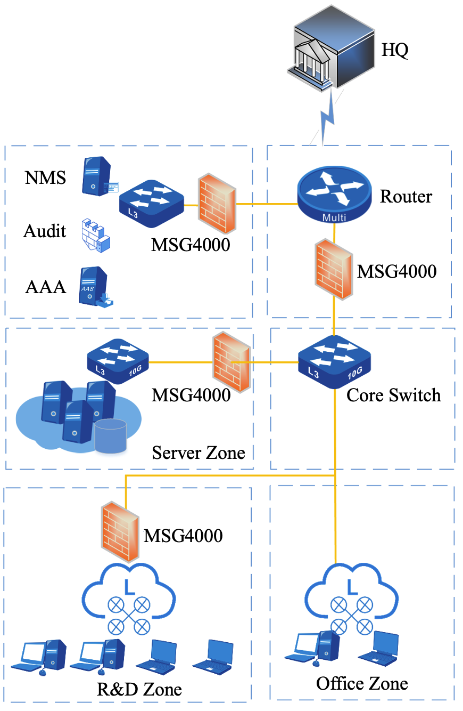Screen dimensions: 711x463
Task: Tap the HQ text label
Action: (x=395, y=51)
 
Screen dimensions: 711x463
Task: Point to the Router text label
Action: (x=406, y=197)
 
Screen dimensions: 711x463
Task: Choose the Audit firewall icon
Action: (x=96, y=235)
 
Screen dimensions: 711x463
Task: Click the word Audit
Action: (x=45, y=231)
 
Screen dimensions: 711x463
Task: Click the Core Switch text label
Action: (x=393, y=395)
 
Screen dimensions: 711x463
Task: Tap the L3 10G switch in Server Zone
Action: (x=118, y=362)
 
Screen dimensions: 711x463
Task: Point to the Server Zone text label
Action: (x=199, y=453)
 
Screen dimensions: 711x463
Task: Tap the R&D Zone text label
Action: (x=139, y=690)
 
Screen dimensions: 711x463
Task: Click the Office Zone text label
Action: (x=362, y=683)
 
